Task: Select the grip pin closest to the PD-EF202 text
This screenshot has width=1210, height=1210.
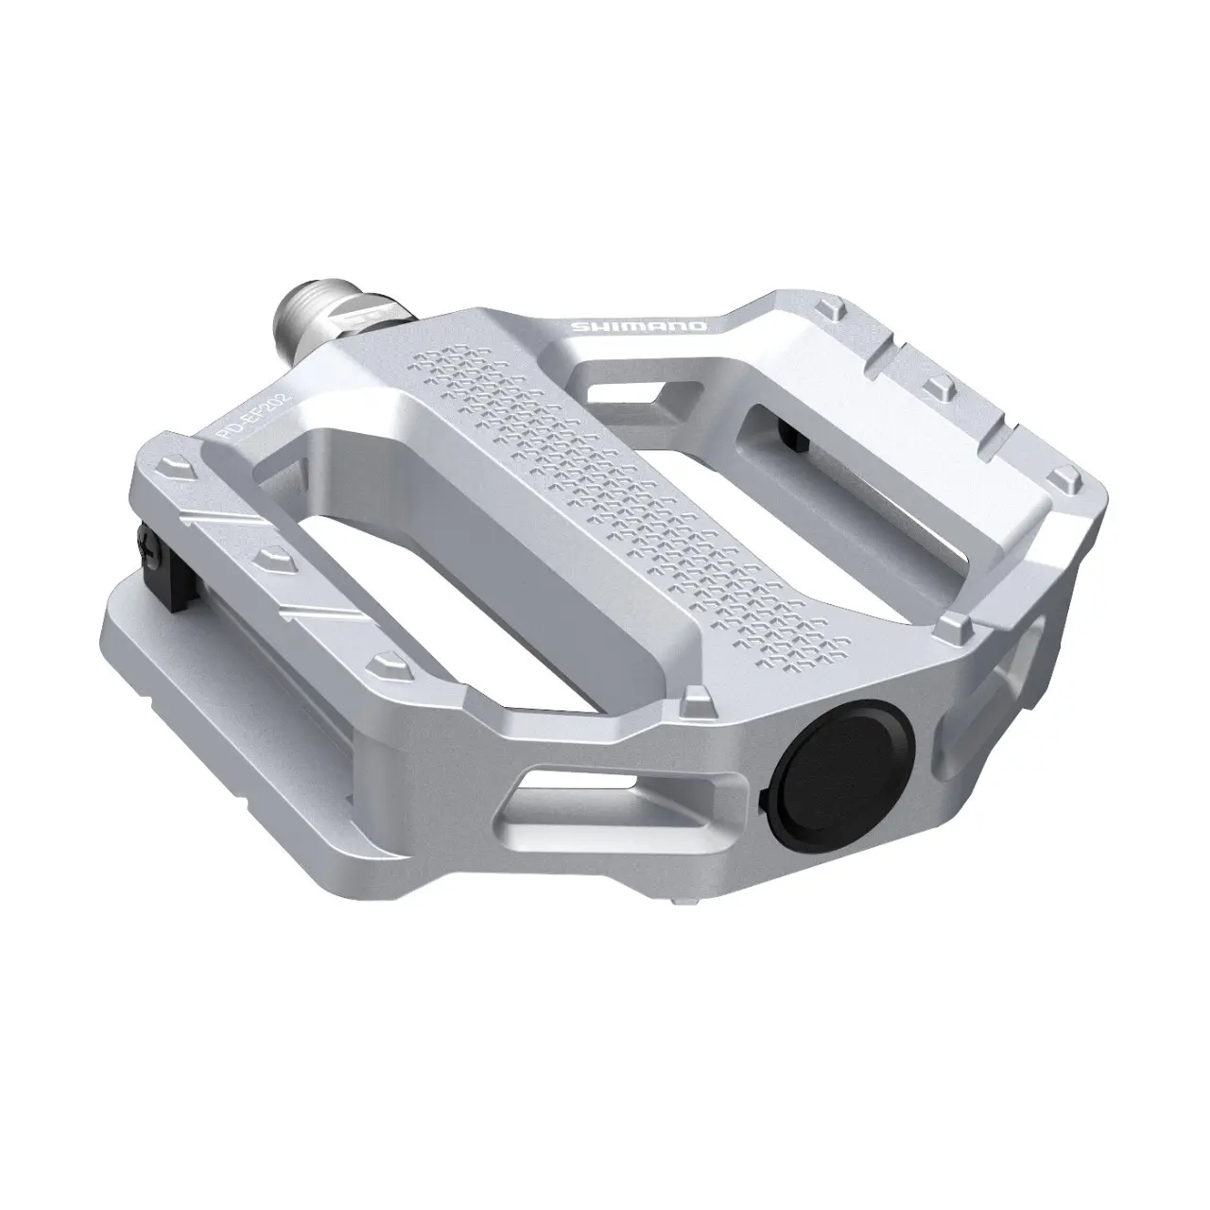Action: (x=172, y=467)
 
